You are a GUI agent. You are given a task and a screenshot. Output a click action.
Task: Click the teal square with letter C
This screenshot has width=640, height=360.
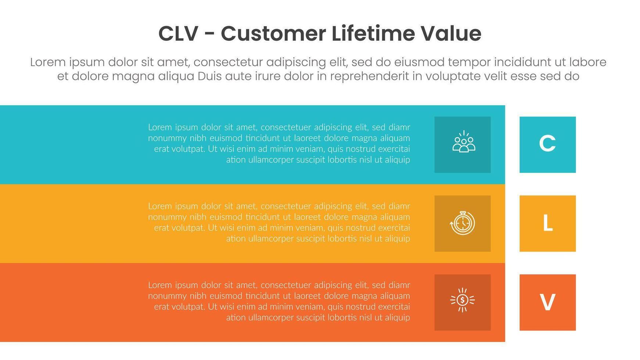point(547,144)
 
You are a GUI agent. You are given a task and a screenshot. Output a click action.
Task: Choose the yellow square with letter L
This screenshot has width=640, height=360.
point(547,223)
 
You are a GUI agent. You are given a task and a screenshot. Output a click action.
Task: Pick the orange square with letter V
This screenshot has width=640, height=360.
point(547,302)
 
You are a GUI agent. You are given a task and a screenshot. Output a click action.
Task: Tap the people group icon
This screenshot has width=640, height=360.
point(464,141)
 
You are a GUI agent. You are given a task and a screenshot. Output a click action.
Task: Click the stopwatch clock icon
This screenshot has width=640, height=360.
point(463,223)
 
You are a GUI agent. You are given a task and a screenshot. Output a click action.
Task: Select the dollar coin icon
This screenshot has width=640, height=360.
point(463,300)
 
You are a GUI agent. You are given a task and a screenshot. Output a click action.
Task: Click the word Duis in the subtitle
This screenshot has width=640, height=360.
point(210,76)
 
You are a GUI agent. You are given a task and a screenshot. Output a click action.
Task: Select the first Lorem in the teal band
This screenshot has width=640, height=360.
point(160,127)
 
